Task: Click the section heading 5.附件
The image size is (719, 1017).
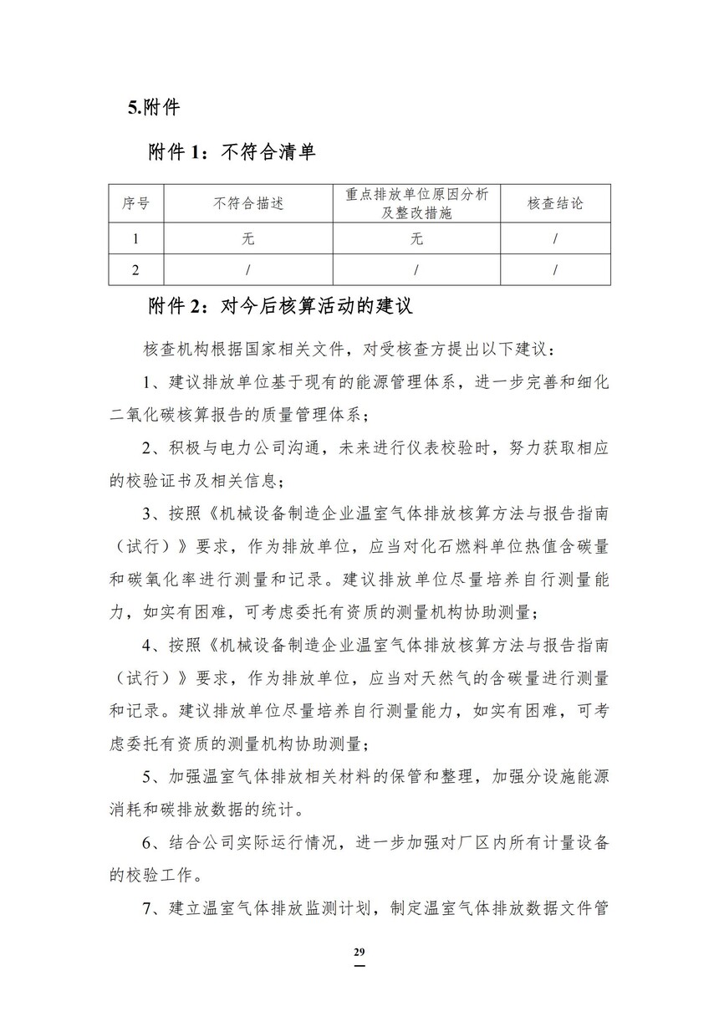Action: pos(154,107)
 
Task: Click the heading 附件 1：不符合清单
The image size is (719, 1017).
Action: pos(231,152)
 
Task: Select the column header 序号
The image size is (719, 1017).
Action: pos(135,203)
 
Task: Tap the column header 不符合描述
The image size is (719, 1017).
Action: pos(248,203)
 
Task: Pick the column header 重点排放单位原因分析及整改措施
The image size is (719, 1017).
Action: pos(416,203)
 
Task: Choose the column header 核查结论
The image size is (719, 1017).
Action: pos(555,203)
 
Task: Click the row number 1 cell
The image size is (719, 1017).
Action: pos(135,239)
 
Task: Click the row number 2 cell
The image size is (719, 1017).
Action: pos(135,269)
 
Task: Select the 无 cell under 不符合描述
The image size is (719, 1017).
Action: pos(248,239)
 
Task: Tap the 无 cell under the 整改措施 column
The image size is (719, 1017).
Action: pos(416,239)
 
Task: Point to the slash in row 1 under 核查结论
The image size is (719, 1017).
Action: pos(555,239)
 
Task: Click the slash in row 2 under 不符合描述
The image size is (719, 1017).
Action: pos(248,269)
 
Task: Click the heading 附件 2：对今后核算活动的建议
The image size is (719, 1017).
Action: pos(280,306)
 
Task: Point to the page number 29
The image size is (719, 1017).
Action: pos(359,953)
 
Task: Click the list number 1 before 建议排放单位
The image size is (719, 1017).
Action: pos(148,382)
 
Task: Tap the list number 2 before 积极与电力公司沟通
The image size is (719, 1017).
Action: pos(148,448)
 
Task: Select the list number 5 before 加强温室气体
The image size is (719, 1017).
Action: pos(148,777)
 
